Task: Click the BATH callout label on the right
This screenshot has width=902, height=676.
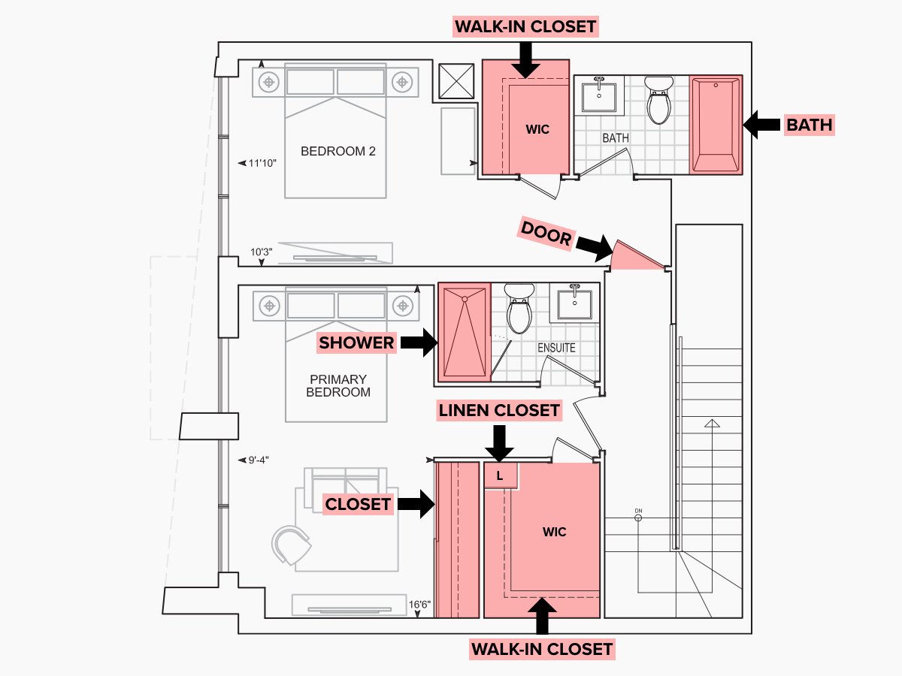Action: coord(810,125)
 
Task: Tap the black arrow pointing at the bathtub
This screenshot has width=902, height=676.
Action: coord(761,125)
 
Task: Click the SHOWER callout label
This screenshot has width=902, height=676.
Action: coord(356,343)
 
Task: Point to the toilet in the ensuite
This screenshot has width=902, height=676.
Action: coord(519,309)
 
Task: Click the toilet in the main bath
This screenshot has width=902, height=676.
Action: coord(659,100)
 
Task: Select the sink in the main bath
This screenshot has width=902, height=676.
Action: coord(599,95)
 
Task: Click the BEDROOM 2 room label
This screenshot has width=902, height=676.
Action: coord(337,151)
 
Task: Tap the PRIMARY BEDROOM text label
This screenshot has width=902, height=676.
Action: coord(337,385)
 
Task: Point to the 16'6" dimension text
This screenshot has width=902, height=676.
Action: coord(419,604)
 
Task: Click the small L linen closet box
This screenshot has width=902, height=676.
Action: coord(499,475)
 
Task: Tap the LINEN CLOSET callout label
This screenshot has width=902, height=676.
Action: coord(499,410)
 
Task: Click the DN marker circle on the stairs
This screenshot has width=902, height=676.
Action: coord(638,517)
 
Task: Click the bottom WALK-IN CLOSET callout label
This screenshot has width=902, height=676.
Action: coord(542,648)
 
